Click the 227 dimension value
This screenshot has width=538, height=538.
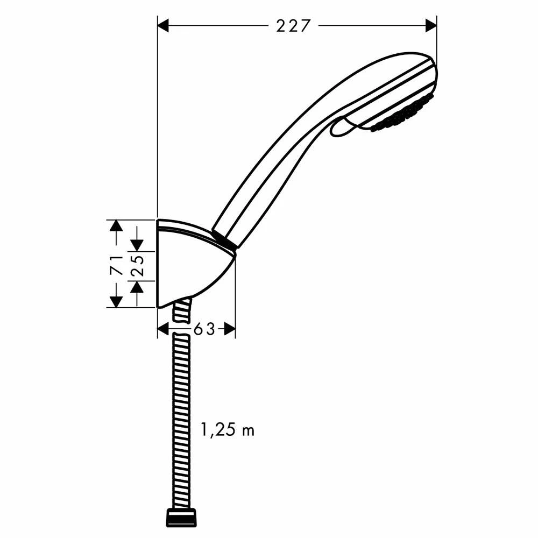click(x=293, y=26)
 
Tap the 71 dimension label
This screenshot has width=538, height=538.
click(x=117, y=265)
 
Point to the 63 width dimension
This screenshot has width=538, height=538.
click(x=204, y=329)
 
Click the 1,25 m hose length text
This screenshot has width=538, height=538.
click(x=228, y=429)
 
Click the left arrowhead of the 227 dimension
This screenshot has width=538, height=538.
click(x=163, y=25)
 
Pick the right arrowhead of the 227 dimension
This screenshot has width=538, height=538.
click(x=431, y=25)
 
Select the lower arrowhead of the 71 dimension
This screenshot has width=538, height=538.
click(x=116, y=302)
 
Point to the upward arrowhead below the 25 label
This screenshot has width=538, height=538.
click(x=137, y=287)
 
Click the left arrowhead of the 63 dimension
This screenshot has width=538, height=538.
click(x=163, y=329)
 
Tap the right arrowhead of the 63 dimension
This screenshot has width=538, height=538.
click(x=230, y=329)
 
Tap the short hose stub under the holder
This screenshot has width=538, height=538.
click(x=182, y=309)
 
